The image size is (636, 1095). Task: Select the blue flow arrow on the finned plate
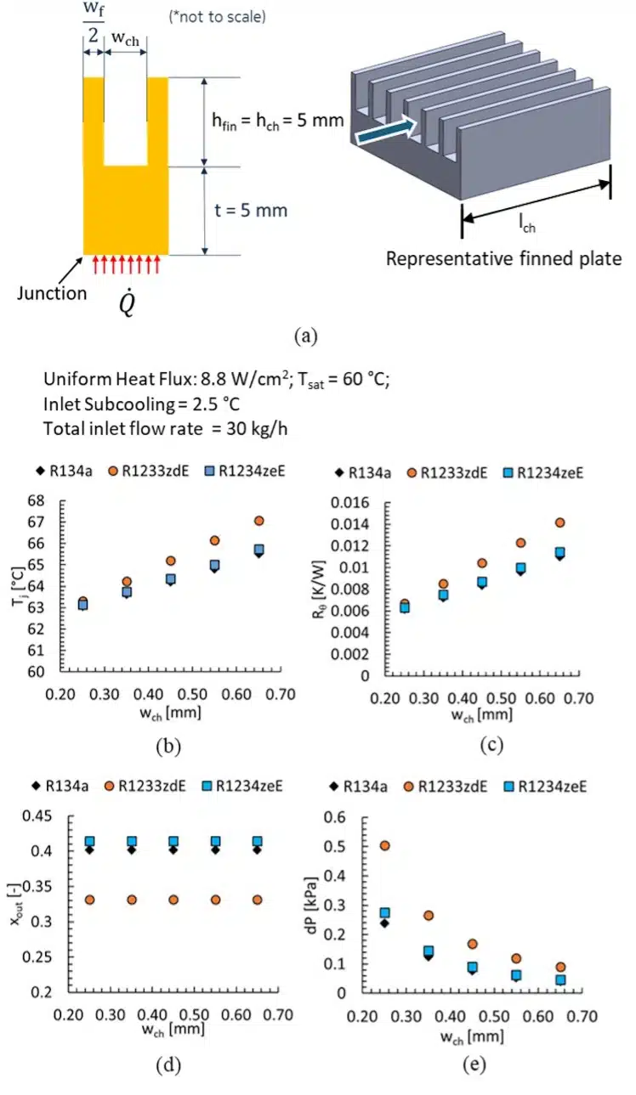(384, 131)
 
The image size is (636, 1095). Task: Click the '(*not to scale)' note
(220, 16)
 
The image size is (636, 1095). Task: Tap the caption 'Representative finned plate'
(503, 258)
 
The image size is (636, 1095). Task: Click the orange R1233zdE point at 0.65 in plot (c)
(559, 522)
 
